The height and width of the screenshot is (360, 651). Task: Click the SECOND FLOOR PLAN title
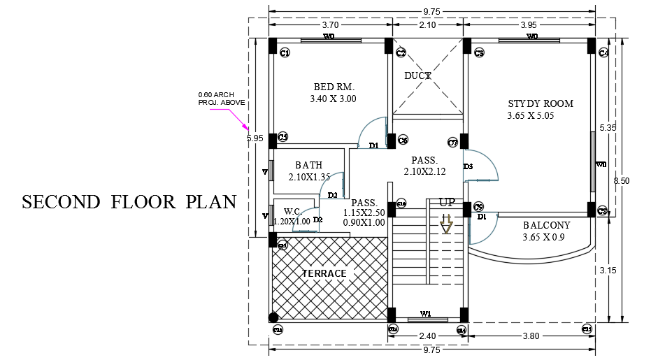(x=129, y=202)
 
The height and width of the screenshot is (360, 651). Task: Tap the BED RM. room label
(x=334, y=87)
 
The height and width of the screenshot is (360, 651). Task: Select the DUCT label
(x=417, y=75)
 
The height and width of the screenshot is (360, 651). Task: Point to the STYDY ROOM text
(x=540, y=104)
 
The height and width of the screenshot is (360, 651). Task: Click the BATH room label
(x=308, y=166)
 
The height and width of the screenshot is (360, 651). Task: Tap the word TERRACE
(x=324, y=273)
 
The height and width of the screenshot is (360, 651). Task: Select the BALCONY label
(x=546, y=226)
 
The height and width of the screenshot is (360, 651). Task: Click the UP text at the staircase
(x=447, y=202)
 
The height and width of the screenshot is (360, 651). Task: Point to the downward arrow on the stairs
(x=446, y=224)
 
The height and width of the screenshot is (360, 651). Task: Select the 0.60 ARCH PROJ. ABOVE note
(x=221, y=99)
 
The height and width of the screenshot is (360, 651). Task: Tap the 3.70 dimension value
(x=330, y=25)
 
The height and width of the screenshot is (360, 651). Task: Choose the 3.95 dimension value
(x=529, y=25)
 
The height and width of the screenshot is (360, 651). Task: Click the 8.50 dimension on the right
(x=621, y=180)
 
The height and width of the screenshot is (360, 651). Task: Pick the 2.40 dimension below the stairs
(x=426, y=336)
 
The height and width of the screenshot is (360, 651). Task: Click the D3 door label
(x=468, y=166)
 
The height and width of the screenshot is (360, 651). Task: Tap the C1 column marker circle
(x=285, y=53)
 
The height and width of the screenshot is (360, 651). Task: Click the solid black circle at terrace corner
(x=273, y=317)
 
